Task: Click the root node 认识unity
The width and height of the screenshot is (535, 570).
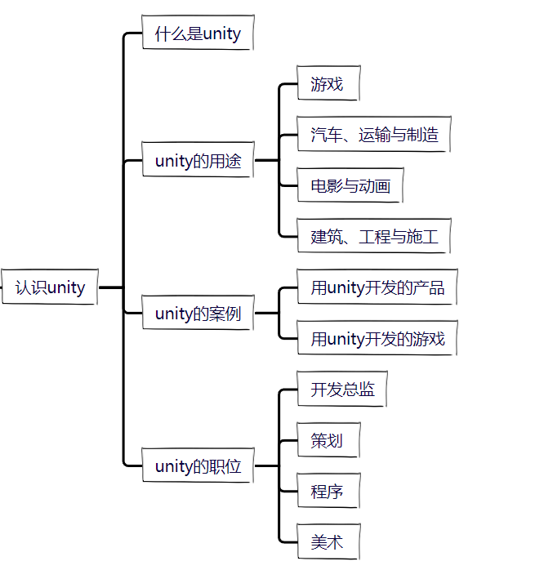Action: coord(50,287)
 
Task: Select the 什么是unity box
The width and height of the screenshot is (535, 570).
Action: coord(198,33)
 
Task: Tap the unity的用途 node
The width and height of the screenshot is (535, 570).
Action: coord(198,161)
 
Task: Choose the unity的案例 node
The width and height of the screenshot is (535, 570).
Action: coord(198,314)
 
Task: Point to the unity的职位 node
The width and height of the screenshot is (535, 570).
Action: coord(198,467)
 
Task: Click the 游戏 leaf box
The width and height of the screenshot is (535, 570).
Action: coord(327,84)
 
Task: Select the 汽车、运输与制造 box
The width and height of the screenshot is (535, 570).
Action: coord(374,135)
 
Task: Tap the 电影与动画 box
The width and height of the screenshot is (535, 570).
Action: coord(350,186)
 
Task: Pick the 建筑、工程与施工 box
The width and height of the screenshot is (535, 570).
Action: coord(374,237)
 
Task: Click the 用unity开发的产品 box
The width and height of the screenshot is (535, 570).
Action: coord(377,287)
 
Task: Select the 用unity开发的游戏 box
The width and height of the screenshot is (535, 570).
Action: coord(377,339)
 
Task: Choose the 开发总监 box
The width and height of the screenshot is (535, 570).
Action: coord(342,390)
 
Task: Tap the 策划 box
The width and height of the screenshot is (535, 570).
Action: coord(327,441)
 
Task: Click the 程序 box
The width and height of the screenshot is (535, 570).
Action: coord(327,492)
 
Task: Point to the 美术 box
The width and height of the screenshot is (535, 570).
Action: coord(327,542)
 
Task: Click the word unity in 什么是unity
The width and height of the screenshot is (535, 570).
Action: coord(222,34)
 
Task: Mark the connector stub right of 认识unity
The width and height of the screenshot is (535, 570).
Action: coord(109,287)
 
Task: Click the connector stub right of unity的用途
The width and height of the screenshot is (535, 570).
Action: coord(265,161)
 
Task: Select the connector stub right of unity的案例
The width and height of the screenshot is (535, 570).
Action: coord(265,314)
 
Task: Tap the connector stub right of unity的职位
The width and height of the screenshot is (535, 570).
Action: coord(265,467)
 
